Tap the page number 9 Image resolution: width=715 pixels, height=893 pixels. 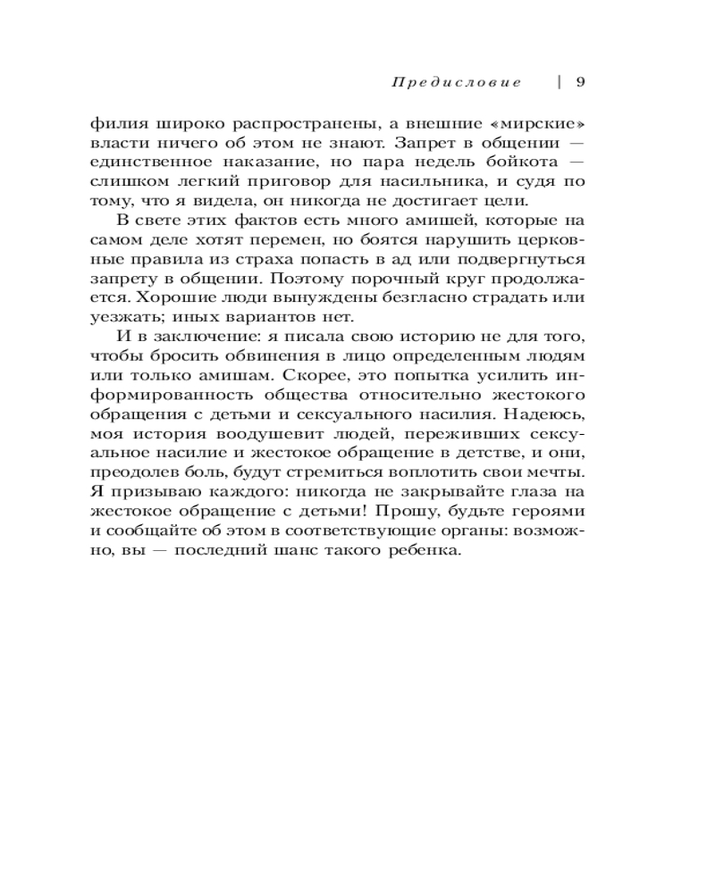tap(580, 82)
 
